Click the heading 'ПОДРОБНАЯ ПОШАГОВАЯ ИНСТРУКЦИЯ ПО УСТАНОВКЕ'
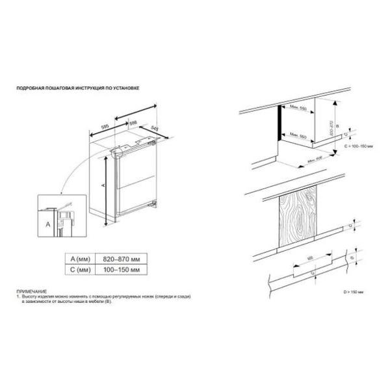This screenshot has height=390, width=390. point(77,86)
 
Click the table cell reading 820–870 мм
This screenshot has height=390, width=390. point(117,257)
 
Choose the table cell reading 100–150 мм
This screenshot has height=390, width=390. point(117,267)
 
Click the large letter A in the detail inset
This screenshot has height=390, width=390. point(48,223)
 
